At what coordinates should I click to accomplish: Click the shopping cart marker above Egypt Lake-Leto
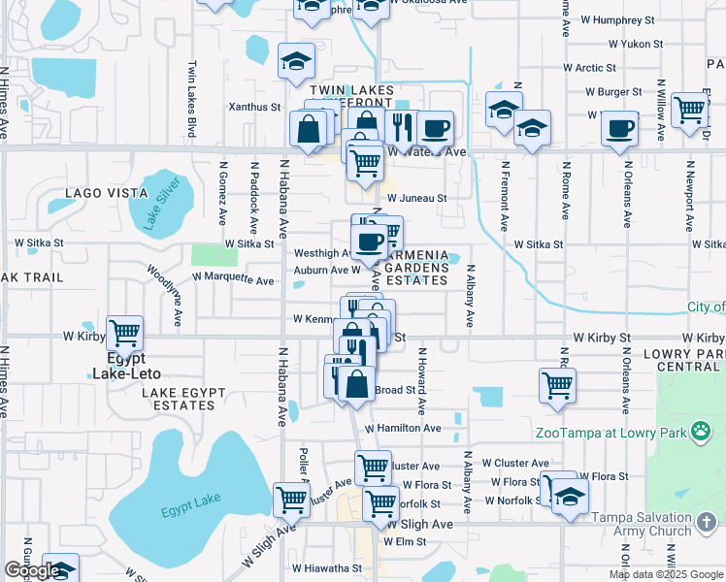coord(125,334)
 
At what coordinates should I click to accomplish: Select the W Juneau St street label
coord(416,198)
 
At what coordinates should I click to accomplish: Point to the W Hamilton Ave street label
coord(403,428)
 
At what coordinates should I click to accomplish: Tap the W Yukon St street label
coord(636,44)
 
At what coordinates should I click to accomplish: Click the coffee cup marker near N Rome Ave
coord(619,129)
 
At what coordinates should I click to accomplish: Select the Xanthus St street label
coord(254,107)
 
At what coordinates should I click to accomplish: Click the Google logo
coord(32,570)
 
